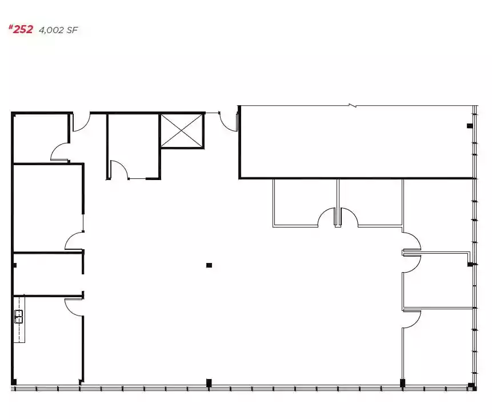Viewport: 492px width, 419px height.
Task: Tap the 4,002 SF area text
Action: tap(58, 30)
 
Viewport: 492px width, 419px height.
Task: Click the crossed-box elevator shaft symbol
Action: tap(182, 131)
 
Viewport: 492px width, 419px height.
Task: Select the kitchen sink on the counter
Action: tap(18, 316)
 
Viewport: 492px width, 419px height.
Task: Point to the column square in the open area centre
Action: tap(209, 265)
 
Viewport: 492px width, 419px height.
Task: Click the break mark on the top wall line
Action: tap(354, 106)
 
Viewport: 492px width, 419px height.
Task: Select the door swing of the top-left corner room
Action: tap(59, 152)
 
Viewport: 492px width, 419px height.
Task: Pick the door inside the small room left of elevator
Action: tap(118, 170)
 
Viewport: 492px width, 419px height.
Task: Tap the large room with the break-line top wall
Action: tap(354, 143)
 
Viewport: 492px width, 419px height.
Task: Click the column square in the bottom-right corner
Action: tap(470, 385)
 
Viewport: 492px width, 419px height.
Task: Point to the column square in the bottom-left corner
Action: tap(14, 382)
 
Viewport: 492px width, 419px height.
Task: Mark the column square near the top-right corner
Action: tap(470, 126)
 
